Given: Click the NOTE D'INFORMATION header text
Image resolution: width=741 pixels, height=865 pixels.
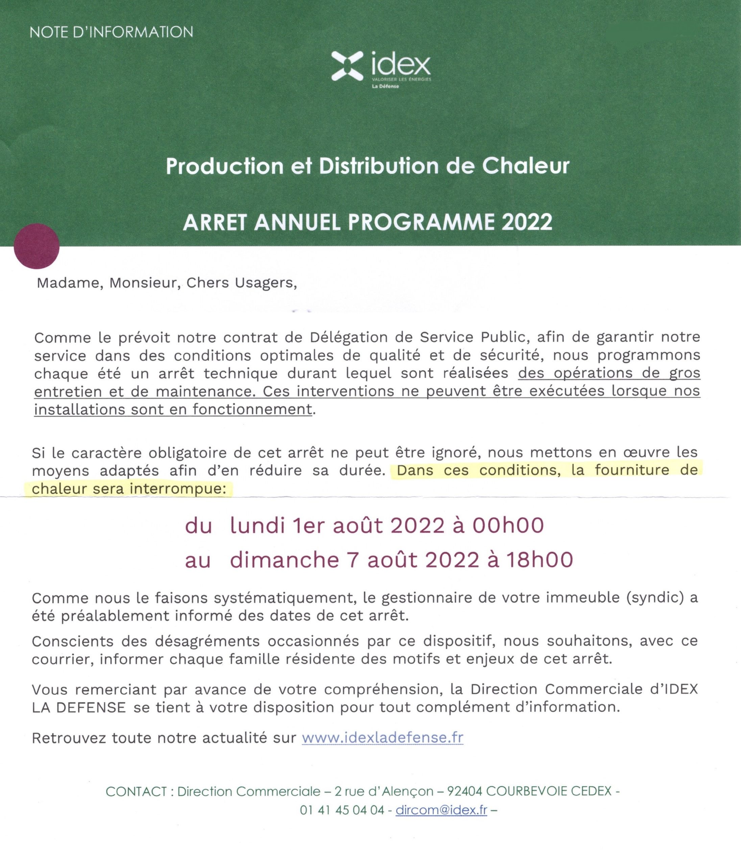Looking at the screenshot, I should coord(112,32).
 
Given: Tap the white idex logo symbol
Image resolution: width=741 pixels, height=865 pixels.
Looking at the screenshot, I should coord(347,66).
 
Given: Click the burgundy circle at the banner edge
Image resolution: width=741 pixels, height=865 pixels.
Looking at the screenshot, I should coord(37,246).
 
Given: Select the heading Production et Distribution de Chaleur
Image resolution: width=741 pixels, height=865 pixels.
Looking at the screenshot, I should coord(367,166).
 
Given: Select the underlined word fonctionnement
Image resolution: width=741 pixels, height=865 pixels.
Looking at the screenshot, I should coord(252,410).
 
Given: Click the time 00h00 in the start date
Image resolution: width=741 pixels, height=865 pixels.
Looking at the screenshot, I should coord(508,526).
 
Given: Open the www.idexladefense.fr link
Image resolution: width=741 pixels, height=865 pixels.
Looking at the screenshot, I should coord(382,738).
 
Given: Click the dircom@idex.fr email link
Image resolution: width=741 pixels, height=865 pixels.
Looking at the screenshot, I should coord(441,810).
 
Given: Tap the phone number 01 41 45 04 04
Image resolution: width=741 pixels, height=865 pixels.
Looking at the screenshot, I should coord(342,810).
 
